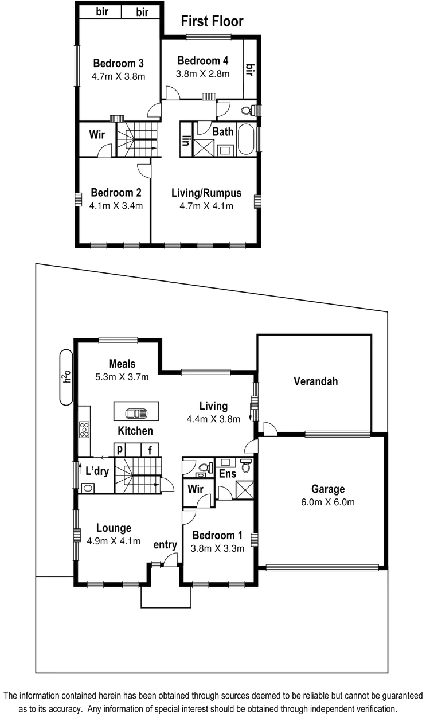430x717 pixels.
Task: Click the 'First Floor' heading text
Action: pos(213,21)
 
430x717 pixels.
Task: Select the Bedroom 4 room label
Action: pos(203,61)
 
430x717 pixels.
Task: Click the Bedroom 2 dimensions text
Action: pos(116,205)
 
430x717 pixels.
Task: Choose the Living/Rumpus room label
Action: pos(206,193)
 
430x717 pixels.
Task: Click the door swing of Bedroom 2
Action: pos(143,169)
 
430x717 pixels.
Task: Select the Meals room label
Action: pos(123,364)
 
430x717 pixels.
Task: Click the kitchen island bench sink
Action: pos(136,412)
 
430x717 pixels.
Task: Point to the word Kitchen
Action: pos(135,430)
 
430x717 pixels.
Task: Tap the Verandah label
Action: pos(315,381)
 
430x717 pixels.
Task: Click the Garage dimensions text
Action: pos(328,502)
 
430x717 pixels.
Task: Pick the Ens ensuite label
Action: pos(226,474)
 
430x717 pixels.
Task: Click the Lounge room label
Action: pos(114,528)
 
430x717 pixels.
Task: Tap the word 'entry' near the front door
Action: pos(165,545)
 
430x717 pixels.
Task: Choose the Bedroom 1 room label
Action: pos(217,536)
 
